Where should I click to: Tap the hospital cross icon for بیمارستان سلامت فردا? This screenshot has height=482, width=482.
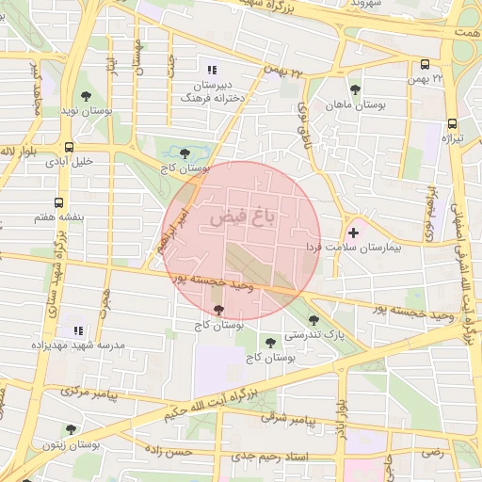(353, 232)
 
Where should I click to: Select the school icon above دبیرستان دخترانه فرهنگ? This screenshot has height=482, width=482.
(212, 70)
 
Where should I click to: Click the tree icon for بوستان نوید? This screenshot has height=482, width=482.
(86, 97)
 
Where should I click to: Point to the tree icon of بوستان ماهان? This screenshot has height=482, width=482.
(355, 90)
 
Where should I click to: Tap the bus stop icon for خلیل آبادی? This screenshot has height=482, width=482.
(70, 147)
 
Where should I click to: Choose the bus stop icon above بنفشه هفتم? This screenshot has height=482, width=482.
(60, 202)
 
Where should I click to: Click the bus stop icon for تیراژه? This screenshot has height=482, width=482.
(452, 123)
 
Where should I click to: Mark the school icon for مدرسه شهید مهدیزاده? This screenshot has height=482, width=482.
(78, 330)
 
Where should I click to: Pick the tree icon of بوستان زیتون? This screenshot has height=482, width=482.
(72, 428)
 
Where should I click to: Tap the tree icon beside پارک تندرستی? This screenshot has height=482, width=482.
(313, 320)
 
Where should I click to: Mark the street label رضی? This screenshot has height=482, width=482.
(431, 453)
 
